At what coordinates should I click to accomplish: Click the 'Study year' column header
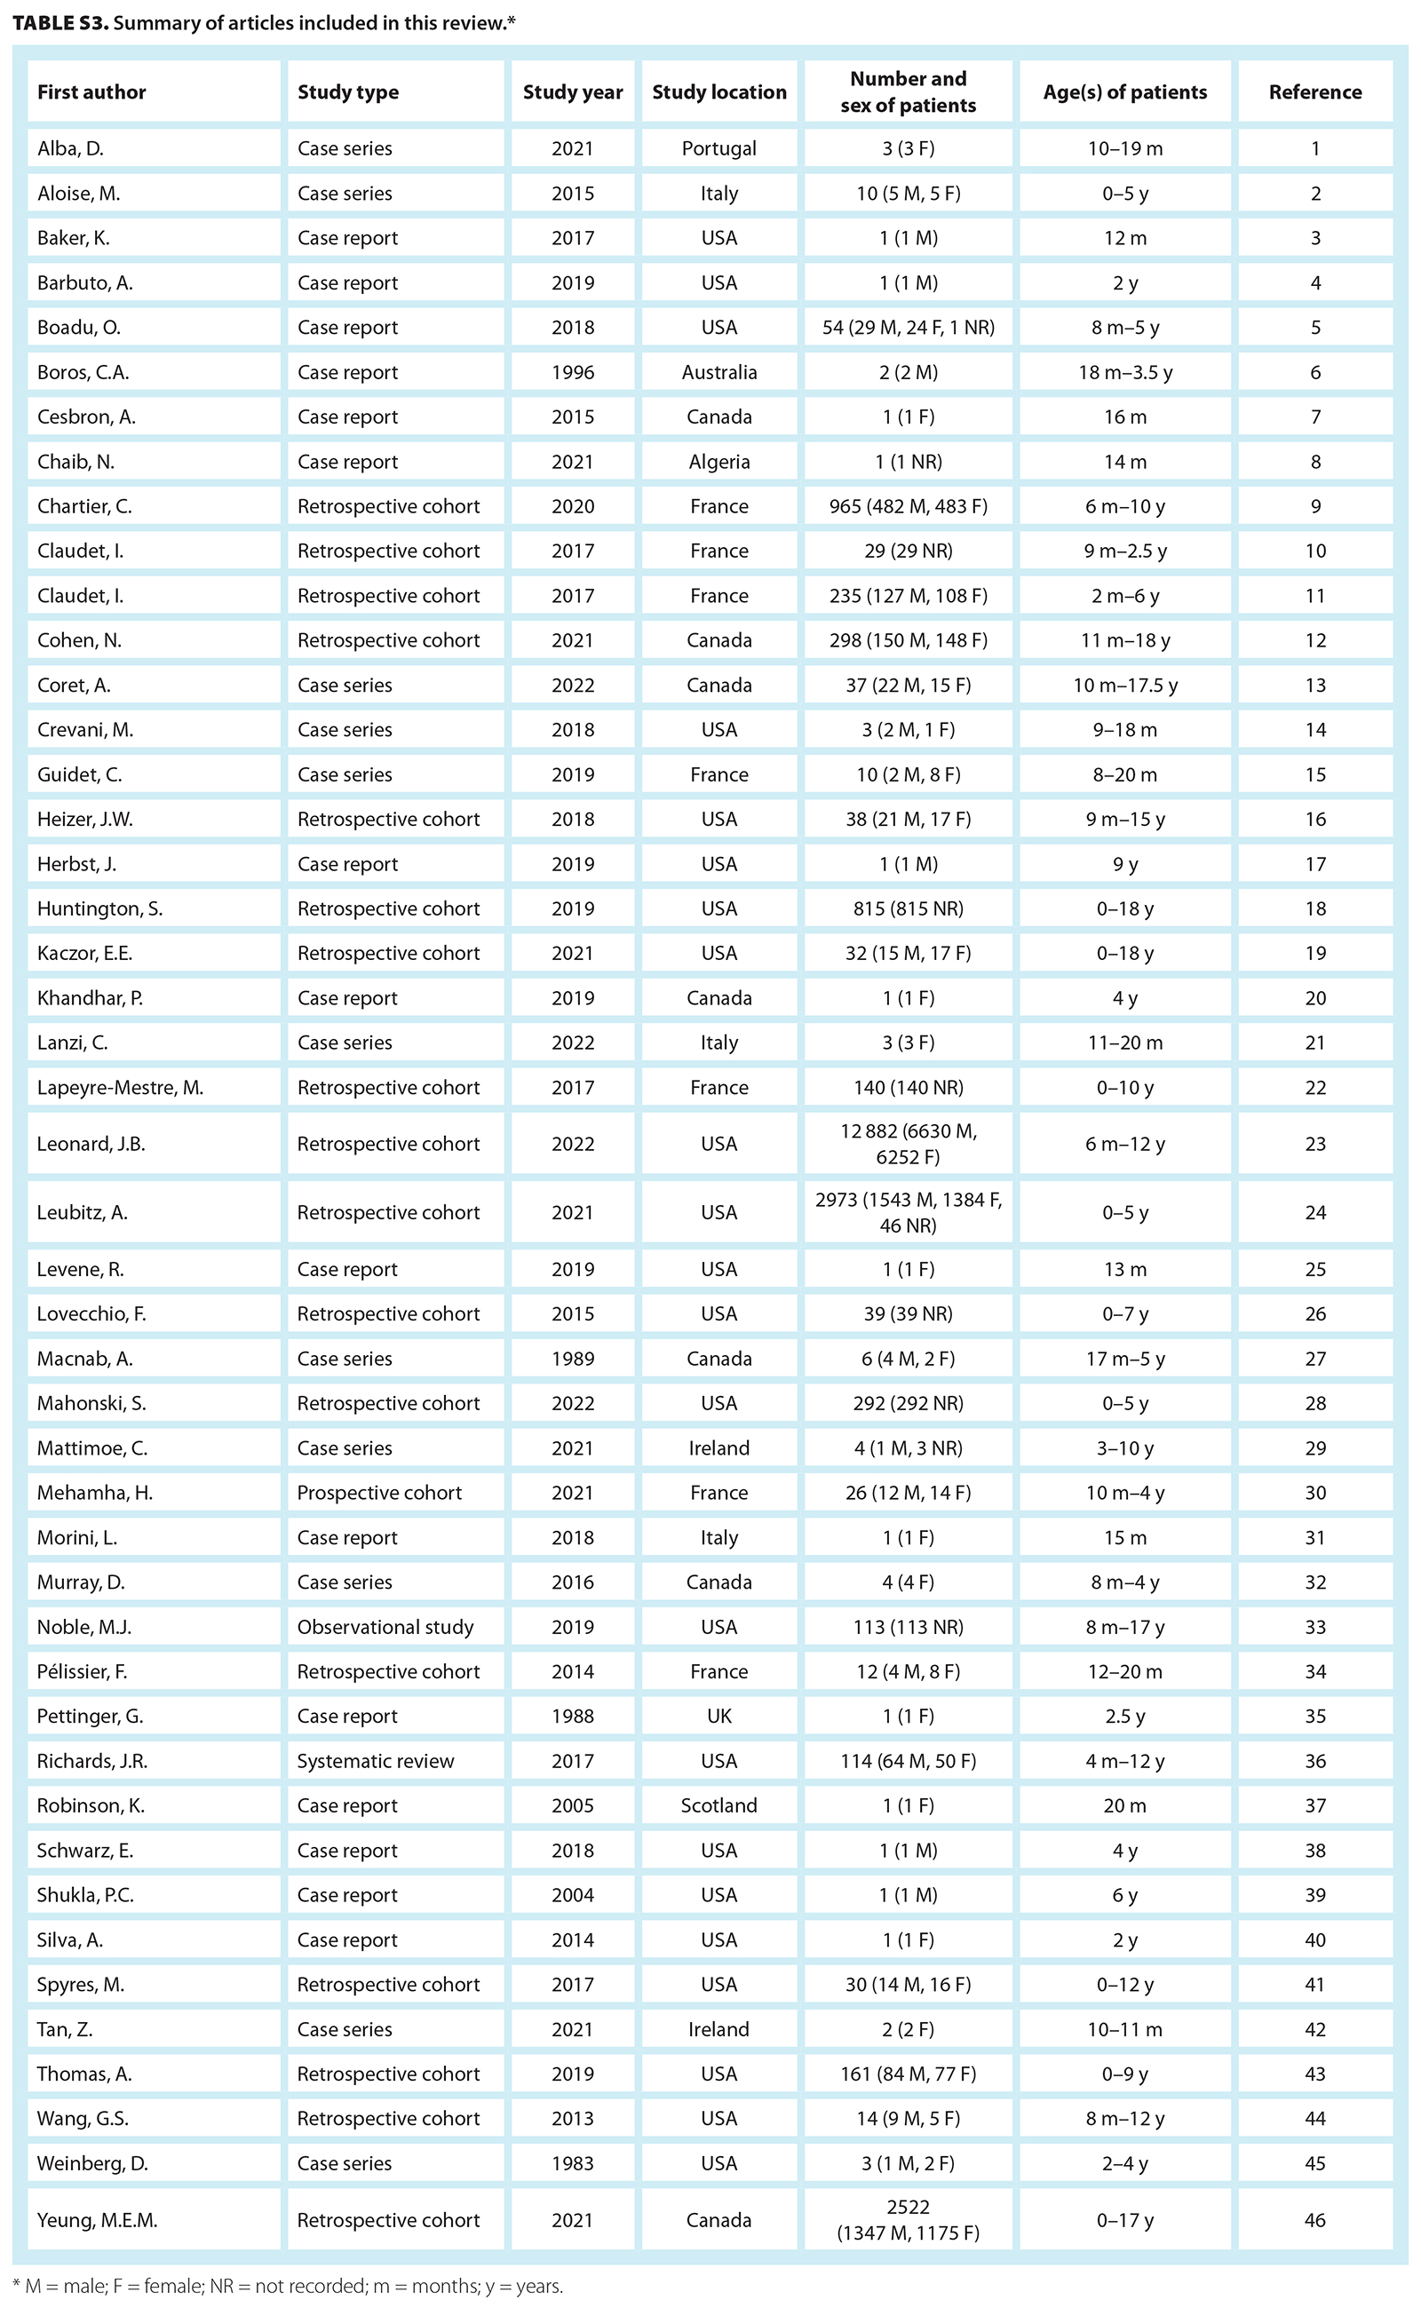point(572,92)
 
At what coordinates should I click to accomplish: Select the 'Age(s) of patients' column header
point(1124,92)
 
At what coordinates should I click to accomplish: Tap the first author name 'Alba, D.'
point(70,148)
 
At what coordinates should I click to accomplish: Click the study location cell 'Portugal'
point(719,148)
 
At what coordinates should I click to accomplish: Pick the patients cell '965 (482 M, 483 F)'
point(908,506)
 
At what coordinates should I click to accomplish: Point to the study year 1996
point(572,372)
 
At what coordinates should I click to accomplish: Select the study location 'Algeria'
point(719,462)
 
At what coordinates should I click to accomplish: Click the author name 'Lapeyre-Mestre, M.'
point(120,1087)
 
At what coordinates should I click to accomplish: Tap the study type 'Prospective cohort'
point(380,1492)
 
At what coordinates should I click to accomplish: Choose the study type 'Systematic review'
point(376,1760)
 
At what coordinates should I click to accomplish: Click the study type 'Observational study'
point(385,1627)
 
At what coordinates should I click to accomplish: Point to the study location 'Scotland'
point(719,1805)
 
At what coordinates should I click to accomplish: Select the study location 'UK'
point(719,1716)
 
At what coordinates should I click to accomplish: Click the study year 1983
point(572,2162)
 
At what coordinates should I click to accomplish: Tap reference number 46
point(1314,2220)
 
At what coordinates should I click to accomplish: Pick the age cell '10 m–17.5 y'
point(1124,685)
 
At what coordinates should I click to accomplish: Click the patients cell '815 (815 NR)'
point(908,908)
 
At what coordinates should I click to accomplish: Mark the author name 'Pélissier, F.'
point(82,1671)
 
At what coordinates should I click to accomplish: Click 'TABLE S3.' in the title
point(60,22)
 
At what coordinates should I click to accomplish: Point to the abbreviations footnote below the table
point(288,2287)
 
